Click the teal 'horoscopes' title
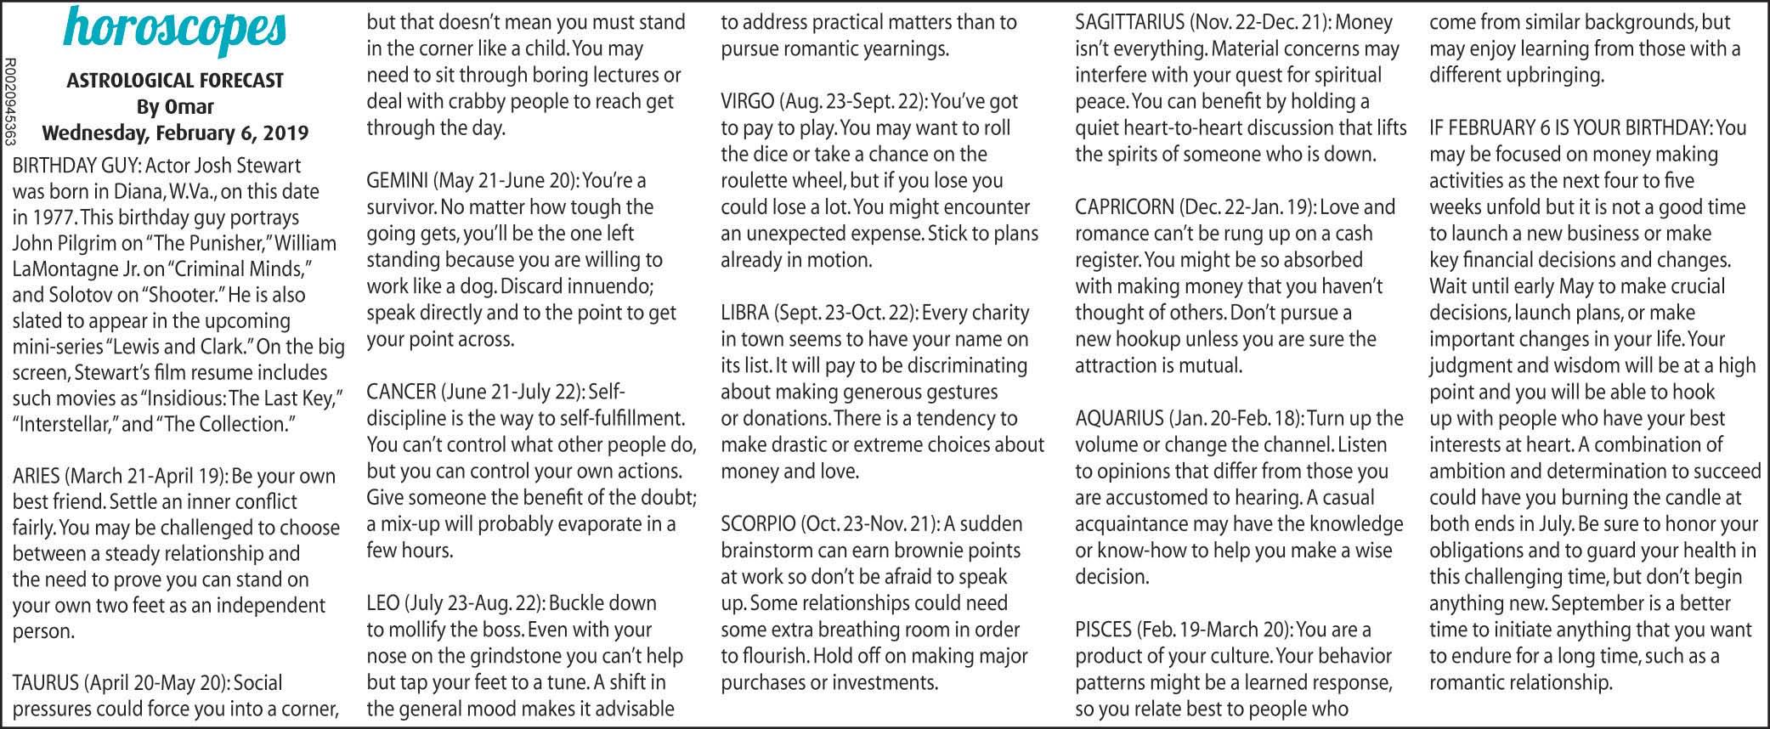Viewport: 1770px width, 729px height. click(175, 30)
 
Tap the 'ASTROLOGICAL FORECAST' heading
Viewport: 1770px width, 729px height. click(175, 82)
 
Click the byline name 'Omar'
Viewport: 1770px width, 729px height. click(190, 108)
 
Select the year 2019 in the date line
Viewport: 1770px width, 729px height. click(286, 134)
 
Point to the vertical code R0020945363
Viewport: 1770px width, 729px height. click(9, 103)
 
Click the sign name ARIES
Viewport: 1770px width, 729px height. click(36, 477)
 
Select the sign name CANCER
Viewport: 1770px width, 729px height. click(400, 393)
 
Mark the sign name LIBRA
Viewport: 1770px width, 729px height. click(744, 314)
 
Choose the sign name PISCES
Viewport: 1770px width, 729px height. click(1103, 630)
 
